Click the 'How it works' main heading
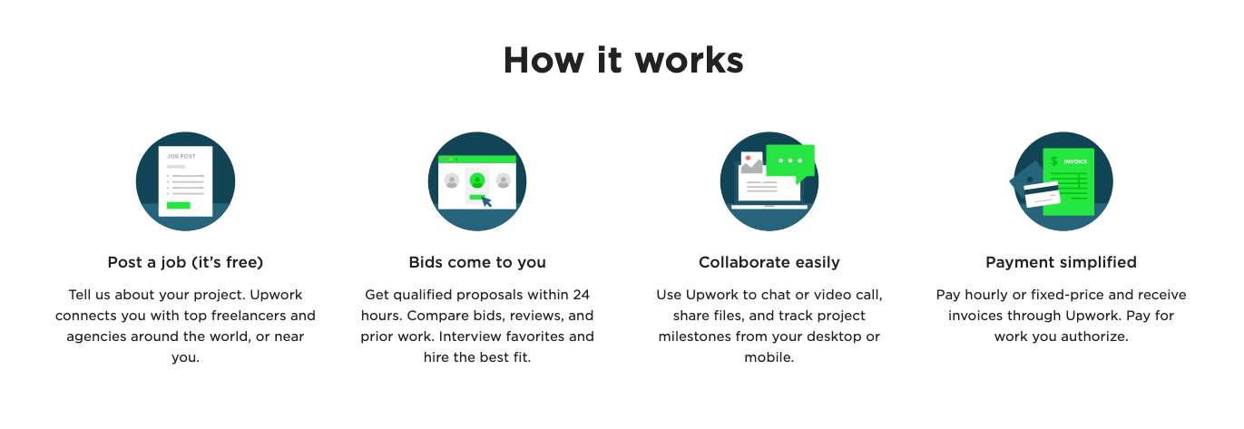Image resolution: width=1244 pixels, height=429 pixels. coord(623,60)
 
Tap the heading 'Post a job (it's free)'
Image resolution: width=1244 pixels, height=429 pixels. coord(185,262)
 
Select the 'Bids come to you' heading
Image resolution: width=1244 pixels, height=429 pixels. coord(477,262)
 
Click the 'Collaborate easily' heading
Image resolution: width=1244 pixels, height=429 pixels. coord(769,262)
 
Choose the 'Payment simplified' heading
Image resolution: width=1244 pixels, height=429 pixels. coord(1061,262)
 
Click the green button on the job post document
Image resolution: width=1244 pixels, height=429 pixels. coord(178,205)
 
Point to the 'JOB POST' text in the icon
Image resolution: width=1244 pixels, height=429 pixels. coord(181,157)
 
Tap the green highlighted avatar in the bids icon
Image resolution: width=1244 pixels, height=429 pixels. coord(477,180)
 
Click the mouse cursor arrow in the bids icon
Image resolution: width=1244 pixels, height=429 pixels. coord(486,201)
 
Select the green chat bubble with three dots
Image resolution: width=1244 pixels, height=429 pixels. coord(790,162)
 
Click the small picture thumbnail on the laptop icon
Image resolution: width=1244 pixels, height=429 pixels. coord(751,162)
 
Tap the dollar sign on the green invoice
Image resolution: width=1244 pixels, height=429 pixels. coord(1054,161)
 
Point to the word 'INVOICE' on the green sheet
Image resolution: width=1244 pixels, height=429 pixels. coord(1075,161)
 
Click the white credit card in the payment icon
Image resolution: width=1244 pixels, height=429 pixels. coord(1042,194)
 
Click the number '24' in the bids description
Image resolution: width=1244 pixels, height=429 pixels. coord(581,295)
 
